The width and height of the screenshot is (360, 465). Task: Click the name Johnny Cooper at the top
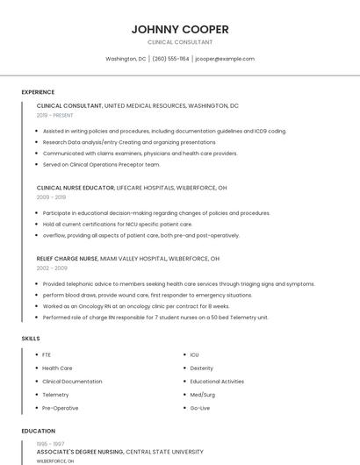[180, 29]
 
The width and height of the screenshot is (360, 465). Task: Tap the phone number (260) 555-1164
[170, 59]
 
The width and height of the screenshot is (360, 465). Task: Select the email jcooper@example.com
[225, 59]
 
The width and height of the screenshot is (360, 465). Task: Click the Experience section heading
[38, 92]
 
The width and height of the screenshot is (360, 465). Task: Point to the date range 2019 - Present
[55, 115]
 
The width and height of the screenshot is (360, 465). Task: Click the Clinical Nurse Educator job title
[69, 188]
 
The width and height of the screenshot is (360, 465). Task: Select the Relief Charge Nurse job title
[67, 259]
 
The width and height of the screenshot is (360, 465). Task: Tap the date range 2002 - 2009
[51, 268]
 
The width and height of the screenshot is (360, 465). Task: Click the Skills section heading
[30, 339]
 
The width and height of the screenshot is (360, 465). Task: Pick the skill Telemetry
[55, 395]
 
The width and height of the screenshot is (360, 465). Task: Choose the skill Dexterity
[201, 368]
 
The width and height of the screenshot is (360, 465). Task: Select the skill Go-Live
[199, 408]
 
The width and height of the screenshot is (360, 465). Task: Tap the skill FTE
[47, 354]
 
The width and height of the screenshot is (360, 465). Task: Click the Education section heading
[38, 431]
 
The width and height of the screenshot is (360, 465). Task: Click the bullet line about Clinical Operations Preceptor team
[101, 164]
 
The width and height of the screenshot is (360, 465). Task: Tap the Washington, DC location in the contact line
[126, 59]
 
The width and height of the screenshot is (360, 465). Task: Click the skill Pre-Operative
[60, 408]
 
